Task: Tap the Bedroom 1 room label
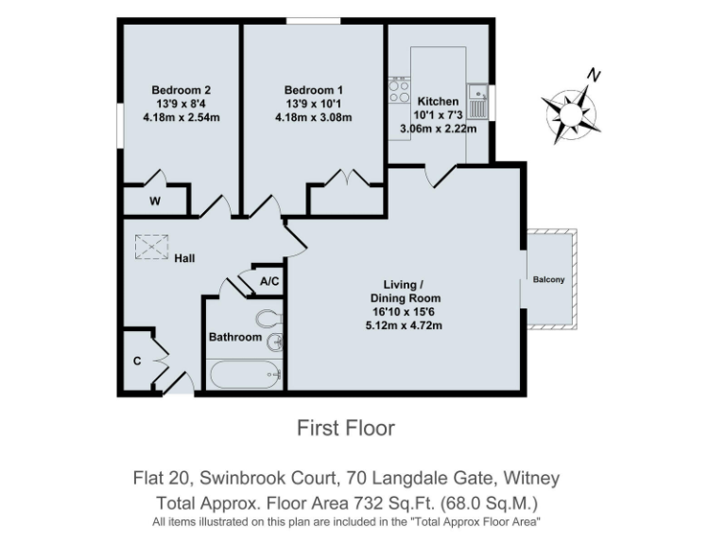[313, 91]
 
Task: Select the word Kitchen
[438, 101]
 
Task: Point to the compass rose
[570, 111]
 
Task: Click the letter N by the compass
[594, 75]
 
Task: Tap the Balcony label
[548, 279]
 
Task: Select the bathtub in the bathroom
[245, 374]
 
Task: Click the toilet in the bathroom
[268, 317]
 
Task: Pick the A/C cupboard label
[268, 281]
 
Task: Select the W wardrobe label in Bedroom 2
[153, 202]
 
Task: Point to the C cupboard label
[138, 360]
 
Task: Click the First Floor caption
[346, 428]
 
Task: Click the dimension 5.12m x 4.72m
[405, 325]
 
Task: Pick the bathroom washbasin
[274, 343]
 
